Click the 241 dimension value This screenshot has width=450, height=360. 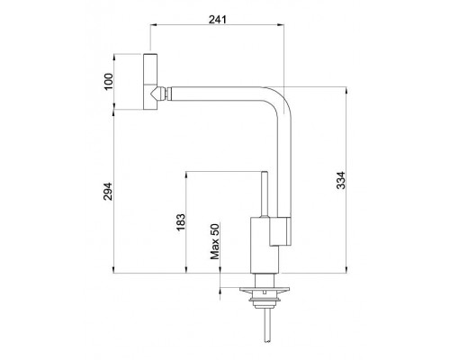tap(218, 20)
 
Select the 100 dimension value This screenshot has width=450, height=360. tap(109, 81)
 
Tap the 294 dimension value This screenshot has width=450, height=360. tap(108, 192)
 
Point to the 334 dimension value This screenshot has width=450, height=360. tap(341, 180)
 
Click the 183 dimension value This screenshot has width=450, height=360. tap(181, 222)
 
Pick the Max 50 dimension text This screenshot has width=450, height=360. tap(215, 241)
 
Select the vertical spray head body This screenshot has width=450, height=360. tap(150, 82)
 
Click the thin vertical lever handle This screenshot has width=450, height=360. tap(265, 193)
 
